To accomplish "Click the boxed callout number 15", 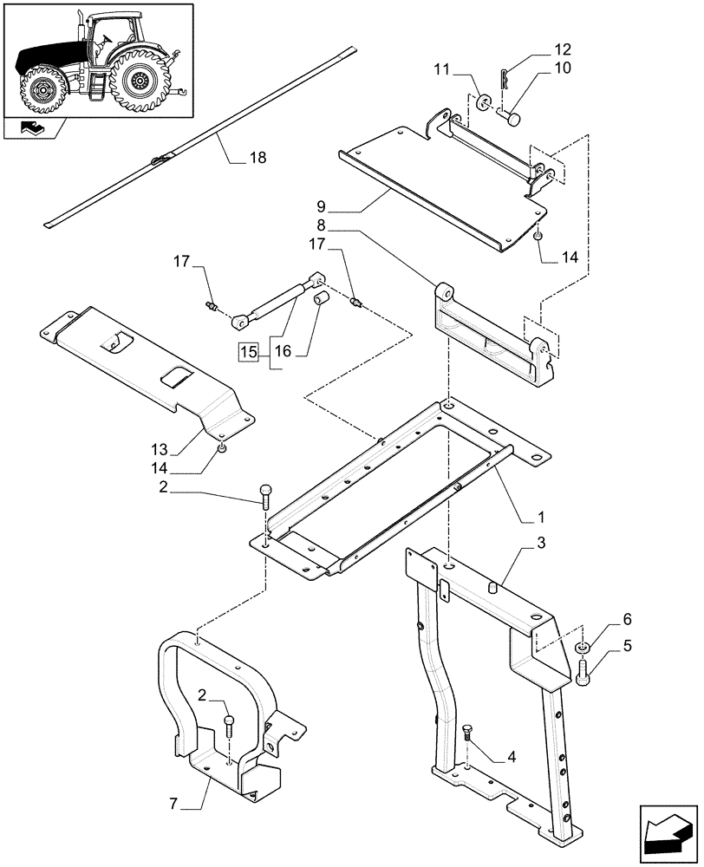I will pos(250,352).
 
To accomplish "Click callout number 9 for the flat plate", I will pos(321,207).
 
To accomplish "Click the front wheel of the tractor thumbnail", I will pos(41,89).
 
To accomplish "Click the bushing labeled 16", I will pos(323,299).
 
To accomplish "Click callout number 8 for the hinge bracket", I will pos(321,225).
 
